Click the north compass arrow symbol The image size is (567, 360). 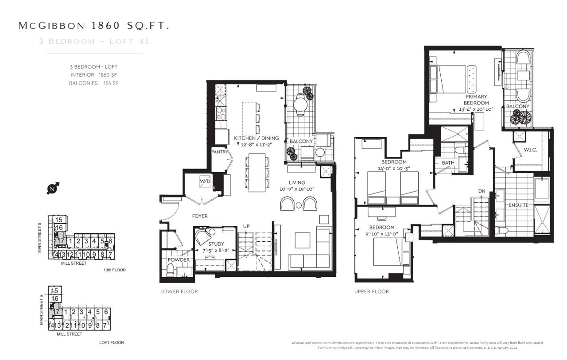[x=53, y=188]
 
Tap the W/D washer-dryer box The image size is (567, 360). [x=205, y=182]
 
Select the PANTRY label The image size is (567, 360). [x=220, y=152]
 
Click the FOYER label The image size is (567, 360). [x=199, y=216]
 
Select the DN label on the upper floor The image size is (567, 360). [x=482, y=191]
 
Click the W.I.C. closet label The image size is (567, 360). [x=530, y=150]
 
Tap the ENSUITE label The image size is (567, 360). [x=518, y=205]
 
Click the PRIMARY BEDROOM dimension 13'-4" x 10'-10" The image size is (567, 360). [x=476, y=109]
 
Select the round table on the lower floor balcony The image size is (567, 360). [x=300, y=105]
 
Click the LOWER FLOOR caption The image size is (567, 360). [x=179, y=291]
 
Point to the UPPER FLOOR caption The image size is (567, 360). [x=371, y=291]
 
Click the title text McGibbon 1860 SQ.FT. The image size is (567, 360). [x=93, y=26]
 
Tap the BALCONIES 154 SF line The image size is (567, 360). [x=93, y=83]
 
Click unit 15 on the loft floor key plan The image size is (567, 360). [x=54, y=291]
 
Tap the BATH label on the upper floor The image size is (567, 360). [x=448, y=163]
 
